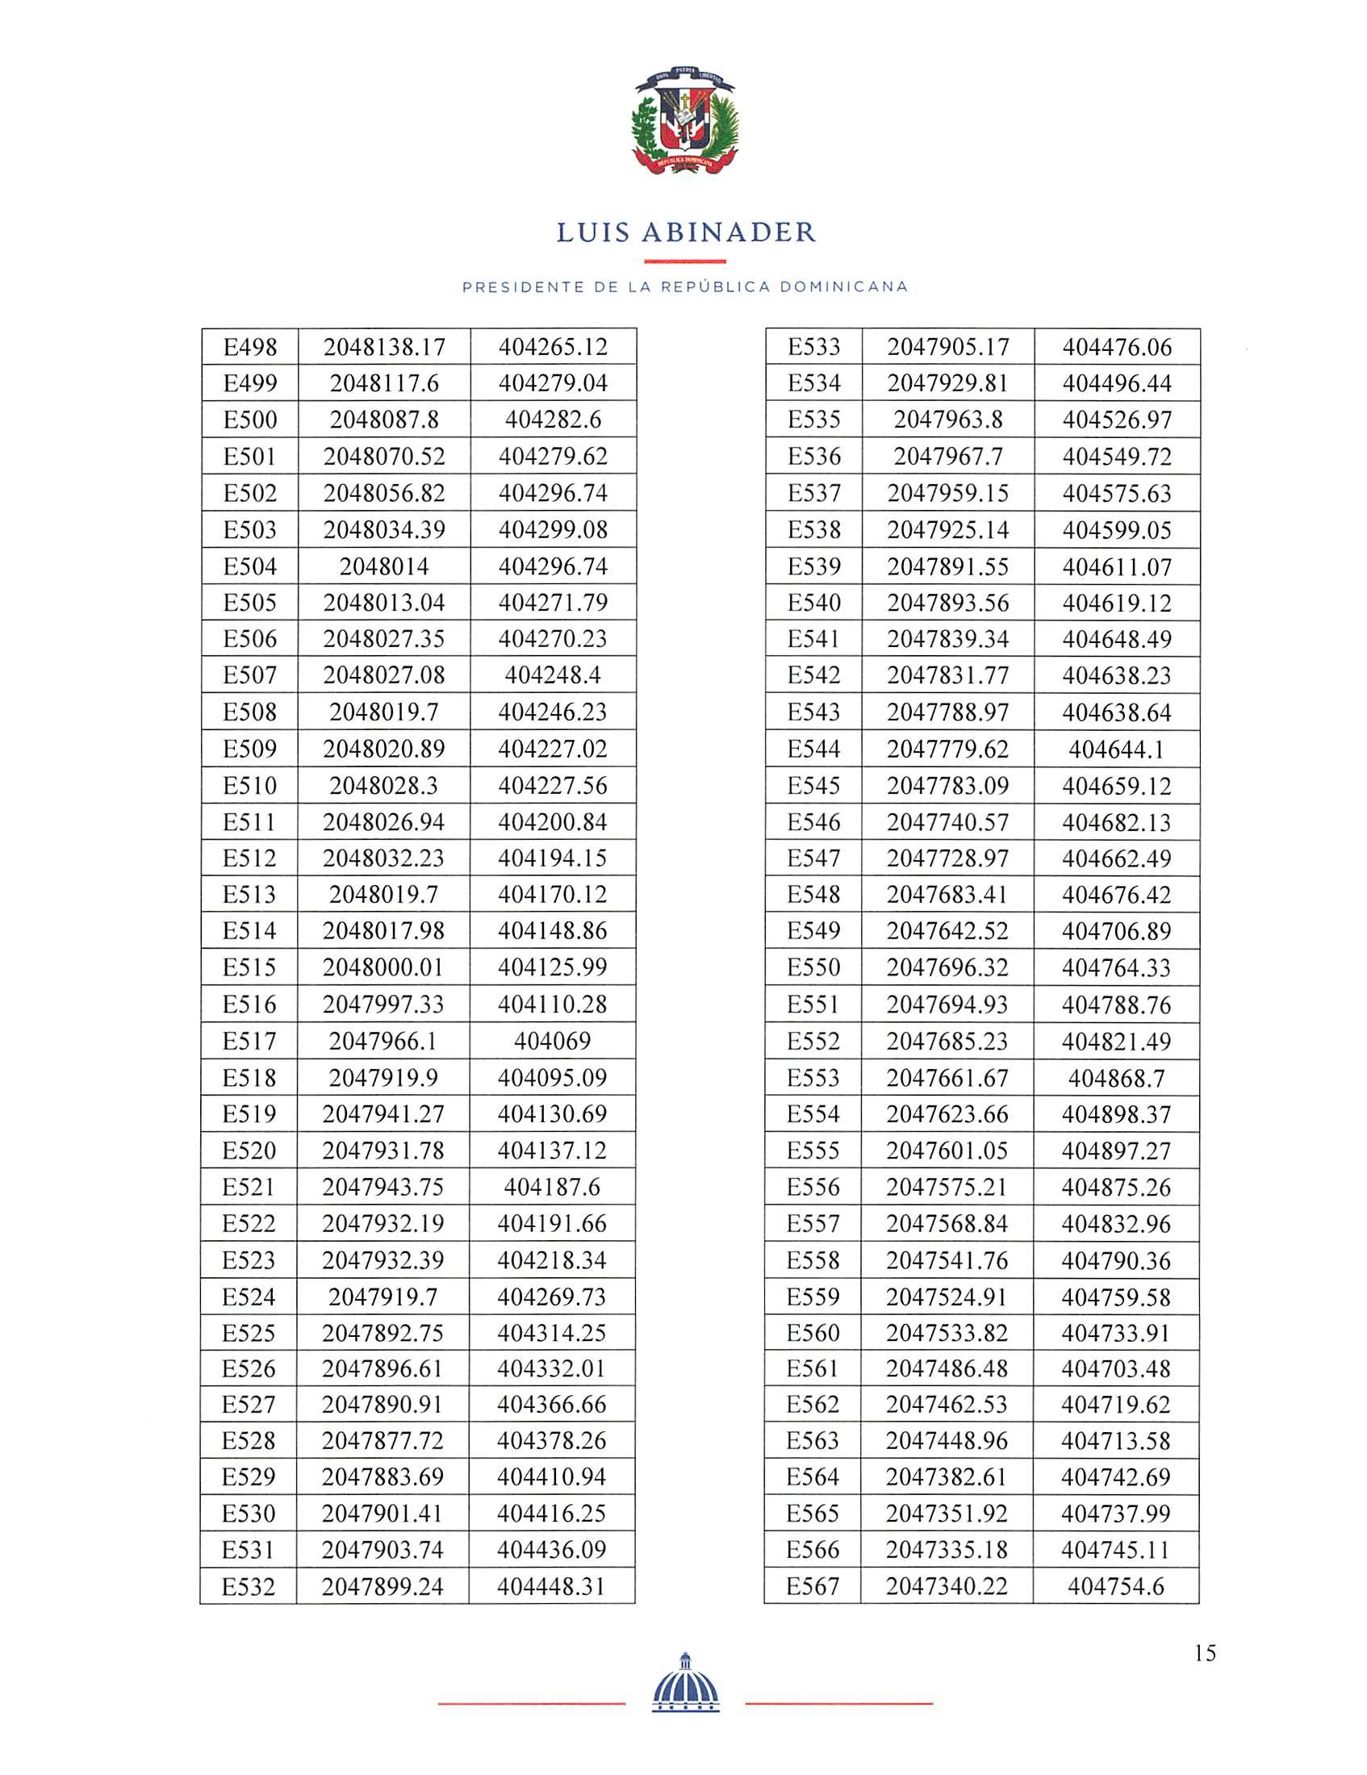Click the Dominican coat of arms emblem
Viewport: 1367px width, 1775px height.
tap(684, 122)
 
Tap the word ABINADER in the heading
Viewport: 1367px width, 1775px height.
tap(728, 233)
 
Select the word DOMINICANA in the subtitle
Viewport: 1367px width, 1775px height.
tap(843, 287)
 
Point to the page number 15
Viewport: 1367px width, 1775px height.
tap(1206, 1653)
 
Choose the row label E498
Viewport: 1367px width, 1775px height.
tap(250, 347)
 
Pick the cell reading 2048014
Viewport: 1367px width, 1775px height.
tap(383, 566)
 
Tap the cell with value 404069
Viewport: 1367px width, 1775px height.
tap(552, 1040)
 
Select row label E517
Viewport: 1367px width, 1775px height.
tap(249, 1040)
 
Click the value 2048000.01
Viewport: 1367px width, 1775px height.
tap(383, 967)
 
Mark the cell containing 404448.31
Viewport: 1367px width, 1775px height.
tap(551, 1586)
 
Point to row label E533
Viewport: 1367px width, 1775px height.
tap(813, 347)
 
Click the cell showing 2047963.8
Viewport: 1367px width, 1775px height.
tap(947, 420)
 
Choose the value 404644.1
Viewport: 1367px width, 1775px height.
tap(1117, 749)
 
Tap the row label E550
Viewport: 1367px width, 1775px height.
tap(813, 967)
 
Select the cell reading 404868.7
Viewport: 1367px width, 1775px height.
tap(1117, 1078)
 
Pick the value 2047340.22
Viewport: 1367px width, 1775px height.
tap(947, 1586)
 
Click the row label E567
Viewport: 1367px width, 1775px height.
tap(813, 1586)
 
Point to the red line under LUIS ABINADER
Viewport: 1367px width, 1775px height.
tap(684, 261)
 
